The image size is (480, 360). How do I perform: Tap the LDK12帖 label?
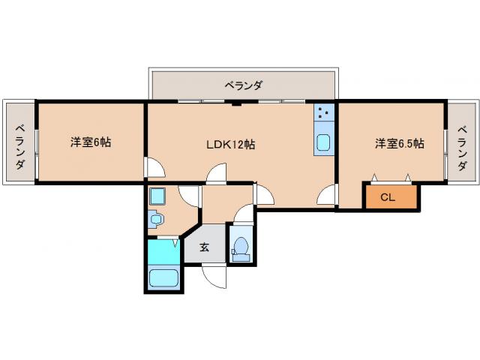click(x=230, y=144)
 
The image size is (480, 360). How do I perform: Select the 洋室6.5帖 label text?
click(x=399, y=143)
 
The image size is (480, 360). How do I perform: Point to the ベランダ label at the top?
click(x=243, y=85)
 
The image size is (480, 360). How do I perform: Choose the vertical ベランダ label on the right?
click(x=463, y=142)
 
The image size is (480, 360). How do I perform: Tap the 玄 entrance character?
click(x=203, y=246)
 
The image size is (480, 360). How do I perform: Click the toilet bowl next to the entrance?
click(x=241, y=247)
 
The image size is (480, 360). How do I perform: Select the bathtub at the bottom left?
click(x=163, y=279)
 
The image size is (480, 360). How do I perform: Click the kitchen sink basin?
click(x=324, y=142)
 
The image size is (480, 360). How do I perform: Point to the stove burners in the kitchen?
click(x=323, y=114)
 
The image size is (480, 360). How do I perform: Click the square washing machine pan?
click(x=157, y=196)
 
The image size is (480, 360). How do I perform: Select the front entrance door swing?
click(x=214, y=276)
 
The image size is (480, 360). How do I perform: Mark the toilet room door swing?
click(x=243, y=214)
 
